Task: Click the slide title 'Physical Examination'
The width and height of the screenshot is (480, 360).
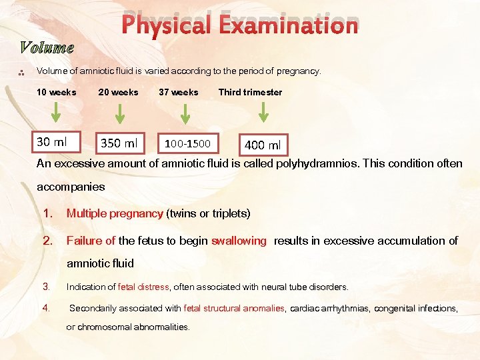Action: click(240, 25)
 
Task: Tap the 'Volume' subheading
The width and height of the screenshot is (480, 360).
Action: click(47, 48)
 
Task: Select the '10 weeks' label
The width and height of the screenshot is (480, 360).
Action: click(56, 93)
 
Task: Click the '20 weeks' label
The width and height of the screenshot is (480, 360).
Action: click(118, 93)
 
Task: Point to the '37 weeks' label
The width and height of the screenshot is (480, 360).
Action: click(178, 93)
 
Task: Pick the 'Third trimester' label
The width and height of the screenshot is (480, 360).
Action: click(250, 93)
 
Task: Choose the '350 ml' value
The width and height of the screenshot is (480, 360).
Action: click(119, 143)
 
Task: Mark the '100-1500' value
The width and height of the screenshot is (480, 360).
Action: click(187, 144)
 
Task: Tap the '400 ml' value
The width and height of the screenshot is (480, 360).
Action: click(263, 145)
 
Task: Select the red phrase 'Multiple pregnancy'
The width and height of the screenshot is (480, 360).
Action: click(115, 214)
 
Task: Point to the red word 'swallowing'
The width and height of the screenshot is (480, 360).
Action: click(239, 241)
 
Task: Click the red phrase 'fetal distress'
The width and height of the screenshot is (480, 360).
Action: click(143, 287)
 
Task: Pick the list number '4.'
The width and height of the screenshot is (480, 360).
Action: click(46, 308)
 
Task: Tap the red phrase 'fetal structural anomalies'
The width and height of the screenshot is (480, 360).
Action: click(234, 309)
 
